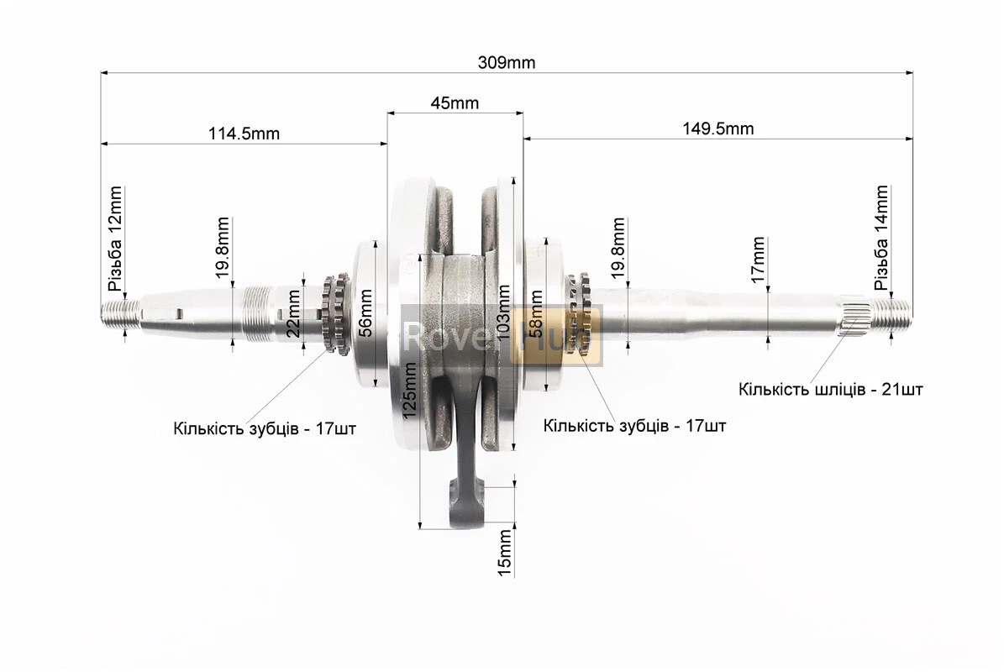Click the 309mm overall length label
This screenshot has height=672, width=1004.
[x=506, y=62]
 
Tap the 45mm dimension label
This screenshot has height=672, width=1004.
[x=455, y=103]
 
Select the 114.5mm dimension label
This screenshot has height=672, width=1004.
[x=244, y=133]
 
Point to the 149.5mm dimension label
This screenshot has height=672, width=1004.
[x=718, y=129]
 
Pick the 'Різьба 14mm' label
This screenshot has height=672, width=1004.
[x=881, y=238]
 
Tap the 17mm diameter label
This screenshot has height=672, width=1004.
[x=758, y=260]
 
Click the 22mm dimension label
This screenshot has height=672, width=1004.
[x=292, y=313]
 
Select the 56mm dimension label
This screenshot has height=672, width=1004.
[x=365, y=313]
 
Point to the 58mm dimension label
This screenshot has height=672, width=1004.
[x=536, y=313]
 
